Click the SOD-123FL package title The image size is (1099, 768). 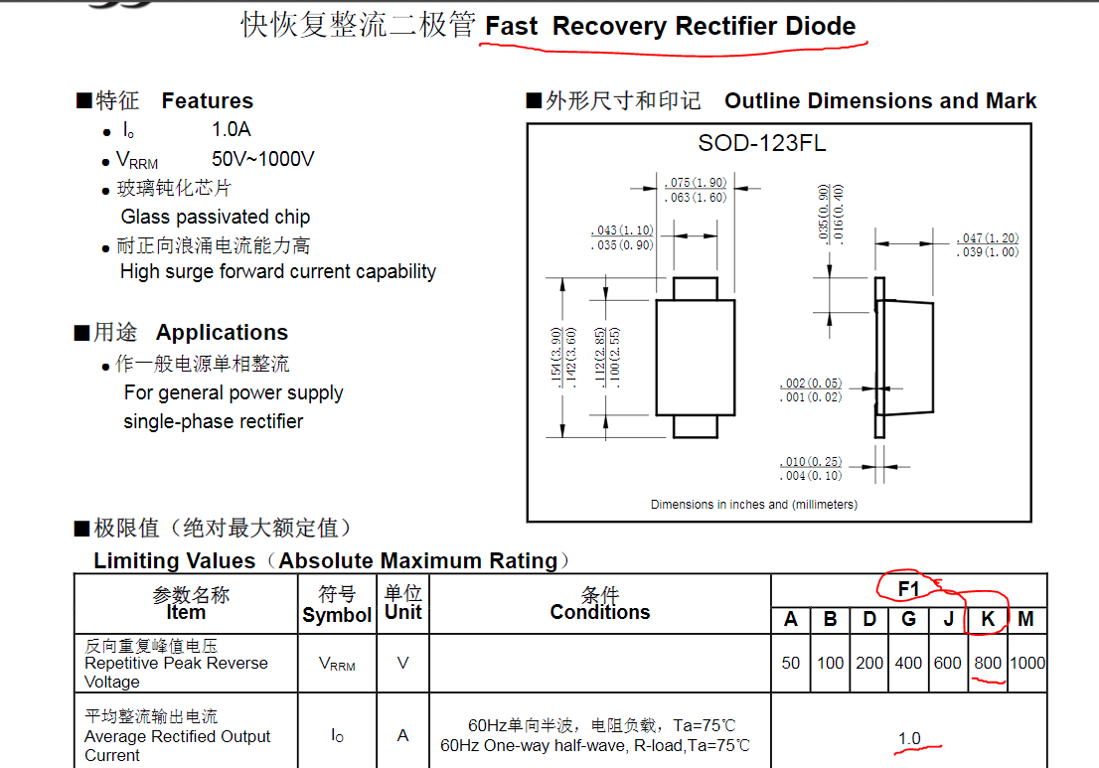[x=762, y=143]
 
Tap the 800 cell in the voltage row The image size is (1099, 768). [x=988, y=663]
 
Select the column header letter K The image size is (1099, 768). [x=988, y=619]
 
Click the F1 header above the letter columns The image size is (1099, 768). [x=908, y=589]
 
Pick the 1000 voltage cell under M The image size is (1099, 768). [x=1027, y=663]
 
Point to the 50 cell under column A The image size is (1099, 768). [x=791, y=663]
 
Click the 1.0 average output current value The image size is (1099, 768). [x=909, y=738]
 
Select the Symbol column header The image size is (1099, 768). [x=337, y=615]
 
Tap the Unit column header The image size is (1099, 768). [x=403, y=612]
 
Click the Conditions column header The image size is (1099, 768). [x=600, y=612]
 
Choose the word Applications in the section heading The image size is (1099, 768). [x=223, y=332]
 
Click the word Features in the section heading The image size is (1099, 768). [x=208, y=101]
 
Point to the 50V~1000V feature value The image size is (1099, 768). [x=263, y=159]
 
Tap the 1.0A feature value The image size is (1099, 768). [x=232, y=129]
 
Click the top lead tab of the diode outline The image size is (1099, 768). [x=696, y=289]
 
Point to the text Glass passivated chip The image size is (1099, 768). [x=216, y=218]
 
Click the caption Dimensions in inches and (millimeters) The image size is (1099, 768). [x=754, y=505]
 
